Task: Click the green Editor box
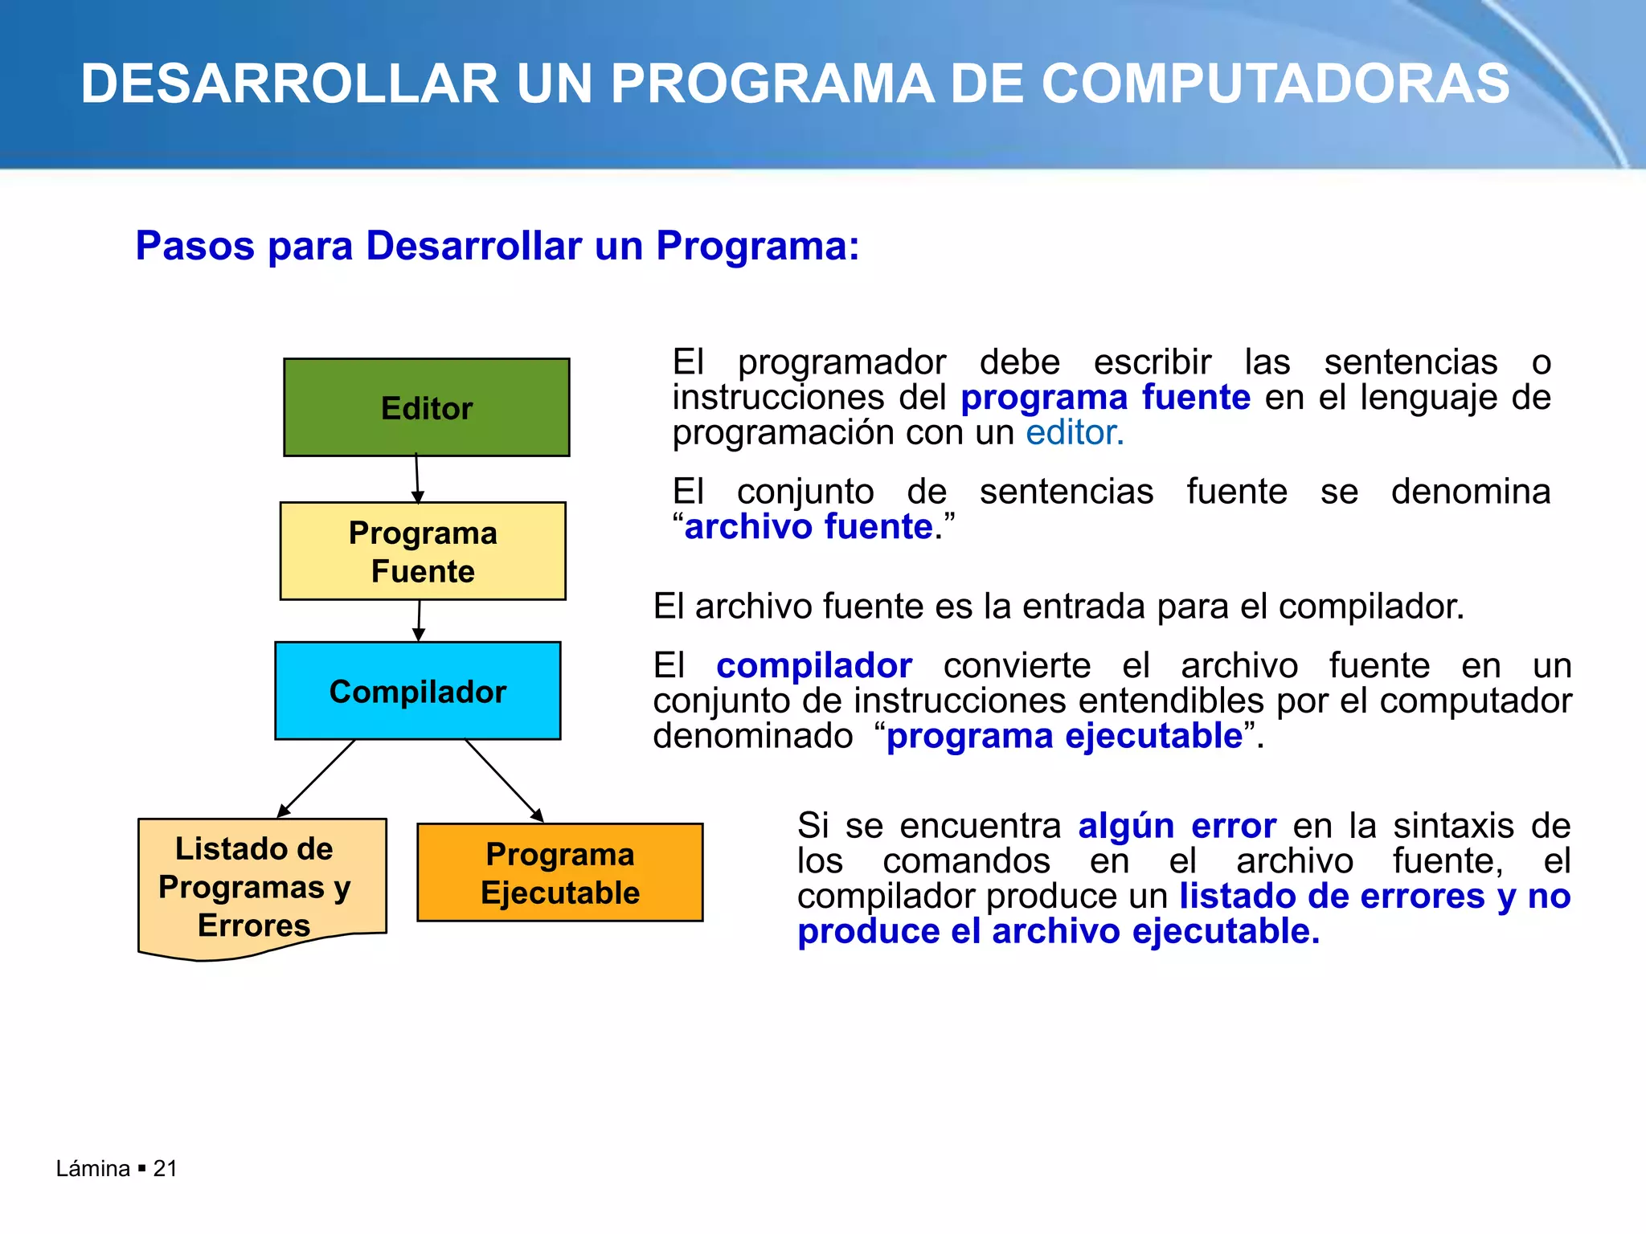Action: point(427,407)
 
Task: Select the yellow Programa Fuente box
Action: point(423,551)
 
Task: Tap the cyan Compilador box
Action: point(418,691)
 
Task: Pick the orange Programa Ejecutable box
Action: point(560,872)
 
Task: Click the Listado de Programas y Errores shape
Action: point(255,886)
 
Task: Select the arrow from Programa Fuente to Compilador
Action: point(419,620)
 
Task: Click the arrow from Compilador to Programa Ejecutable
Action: point(504,780)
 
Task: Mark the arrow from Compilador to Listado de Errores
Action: point(317,778)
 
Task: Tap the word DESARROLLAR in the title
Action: point(289,84)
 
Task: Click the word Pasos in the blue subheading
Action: point(194,245)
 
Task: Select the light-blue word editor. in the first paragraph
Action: point(1075,433)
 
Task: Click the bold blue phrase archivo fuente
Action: point(808,527)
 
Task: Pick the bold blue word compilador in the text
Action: point(813,666)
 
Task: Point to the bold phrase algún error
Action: point(1177,826)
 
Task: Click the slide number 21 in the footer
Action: point(165,1168)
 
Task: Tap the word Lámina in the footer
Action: point(92,1168)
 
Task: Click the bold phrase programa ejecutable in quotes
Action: point(1064,736)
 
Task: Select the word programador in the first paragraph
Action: point(841,362)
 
